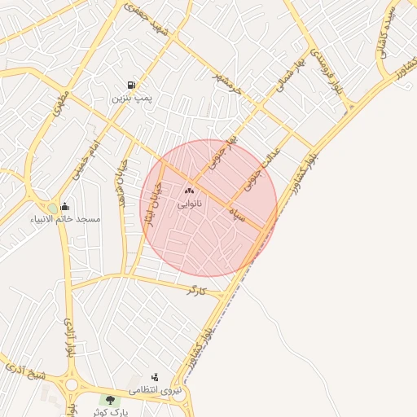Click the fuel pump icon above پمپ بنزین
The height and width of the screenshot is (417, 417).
pos(131,86)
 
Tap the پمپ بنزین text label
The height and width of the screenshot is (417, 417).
pos(132,98)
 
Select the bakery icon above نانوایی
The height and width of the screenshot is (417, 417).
pos(190,191)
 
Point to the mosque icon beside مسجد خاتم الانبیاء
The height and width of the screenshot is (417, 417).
pos(65,206)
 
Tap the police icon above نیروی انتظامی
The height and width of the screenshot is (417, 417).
pos(155,377)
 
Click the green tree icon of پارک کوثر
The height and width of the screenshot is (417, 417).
pos(108,400)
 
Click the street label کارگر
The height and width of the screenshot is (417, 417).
pos(196,289)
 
